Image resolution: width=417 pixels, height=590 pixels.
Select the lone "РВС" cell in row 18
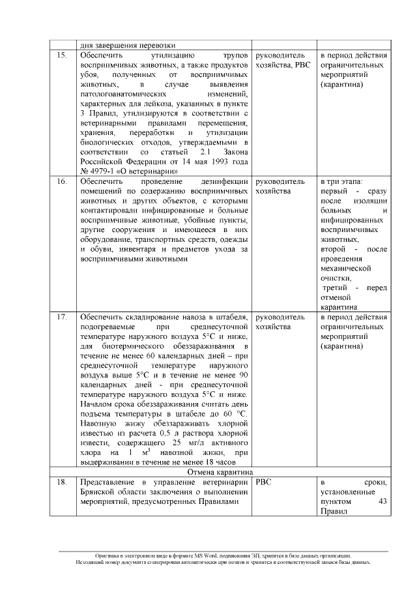click(x=265, y=482)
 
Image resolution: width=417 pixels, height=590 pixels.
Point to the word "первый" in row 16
click(x=334, y=191)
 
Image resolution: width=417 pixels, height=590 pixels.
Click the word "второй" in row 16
click(x=334, y=248)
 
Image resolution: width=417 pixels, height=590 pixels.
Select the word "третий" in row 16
click(x=336, y=288)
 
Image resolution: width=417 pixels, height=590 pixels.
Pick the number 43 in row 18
click(x=382, y=502)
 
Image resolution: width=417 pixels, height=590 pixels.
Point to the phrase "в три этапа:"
click(x=342, y=181)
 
